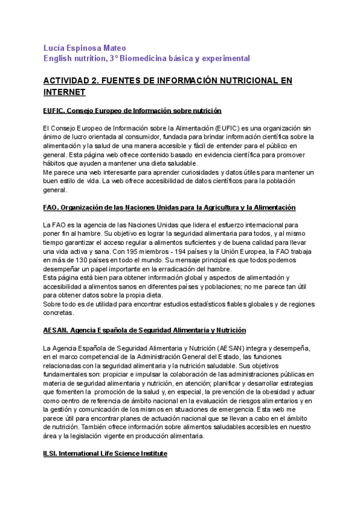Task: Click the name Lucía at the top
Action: coord(56,47)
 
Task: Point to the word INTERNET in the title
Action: coord(65,92)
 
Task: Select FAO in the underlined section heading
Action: coord(51,207)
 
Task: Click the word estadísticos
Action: coord(207,304)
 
